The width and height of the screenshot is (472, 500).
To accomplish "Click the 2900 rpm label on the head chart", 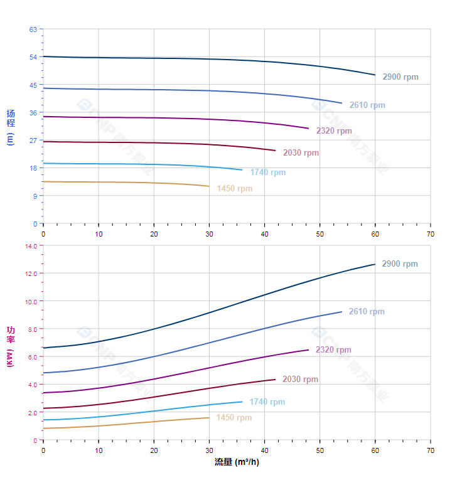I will click(400, 77).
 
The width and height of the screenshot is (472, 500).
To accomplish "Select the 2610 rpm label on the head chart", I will click(367, 105).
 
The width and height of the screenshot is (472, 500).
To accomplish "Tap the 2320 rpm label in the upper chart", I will click(334, 131).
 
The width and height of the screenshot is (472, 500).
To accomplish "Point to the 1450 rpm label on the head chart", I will click(234, 189).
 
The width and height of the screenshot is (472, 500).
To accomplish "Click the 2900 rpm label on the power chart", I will click(399, 264).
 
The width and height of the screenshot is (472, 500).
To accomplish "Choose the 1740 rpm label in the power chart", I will click(267, 402).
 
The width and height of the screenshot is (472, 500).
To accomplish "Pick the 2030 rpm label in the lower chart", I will click(300, 380).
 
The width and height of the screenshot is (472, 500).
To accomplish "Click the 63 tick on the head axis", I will click(33, 29).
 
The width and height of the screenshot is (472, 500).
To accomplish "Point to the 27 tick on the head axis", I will click(33, 141).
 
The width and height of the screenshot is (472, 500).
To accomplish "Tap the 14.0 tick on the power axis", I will click(31, 246).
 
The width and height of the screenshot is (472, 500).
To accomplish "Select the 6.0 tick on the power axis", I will click(32, 357).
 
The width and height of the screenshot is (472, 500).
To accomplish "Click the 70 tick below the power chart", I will click(431, 450).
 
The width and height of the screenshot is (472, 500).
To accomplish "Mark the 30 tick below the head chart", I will click(209, 233).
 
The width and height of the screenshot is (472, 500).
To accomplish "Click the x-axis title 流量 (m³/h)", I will click(237, 462).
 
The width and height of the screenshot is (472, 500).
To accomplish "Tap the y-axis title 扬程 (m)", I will click(11, 127).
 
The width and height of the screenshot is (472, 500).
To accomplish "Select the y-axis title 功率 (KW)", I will click(11, 346).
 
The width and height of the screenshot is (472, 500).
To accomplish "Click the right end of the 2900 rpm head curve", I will click(375, 75).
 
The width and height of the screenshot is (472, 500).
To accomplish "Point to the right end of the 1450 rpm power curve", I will click(209, 418).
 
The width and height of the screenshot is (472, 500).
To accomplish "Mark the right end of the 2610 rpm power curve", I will click(342, 312).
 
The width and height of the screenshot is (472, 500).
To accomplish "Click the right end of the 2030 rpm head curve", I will click(276, 151).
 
